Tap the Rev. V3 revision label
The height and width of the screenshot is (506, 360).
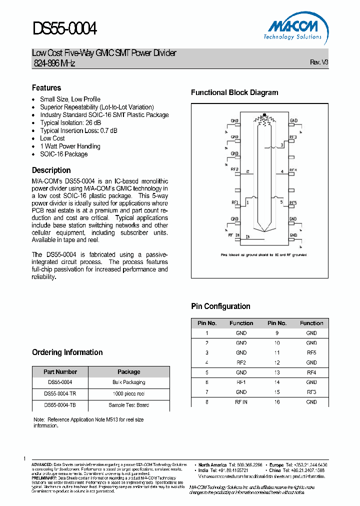click(x=319, y=62)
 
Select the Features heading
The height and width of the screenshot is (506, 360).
click(x=46, y=87)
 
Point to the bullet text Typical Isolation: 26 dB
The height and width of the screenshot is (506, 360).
click(x=70, y=122)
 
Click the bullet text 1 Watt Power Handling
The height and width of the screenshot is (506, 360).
click(x=70, y=146)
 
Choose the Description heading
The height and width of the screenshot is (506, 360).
click(x=51, y=170)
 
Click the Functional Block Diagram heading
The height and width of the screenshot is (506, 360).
click(x=234, y=92)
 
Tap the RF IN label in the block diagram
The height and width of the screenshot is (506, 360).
click(x=234, y=234)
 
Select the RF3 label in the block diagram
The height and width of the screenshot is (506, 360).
click(x=293, y=136)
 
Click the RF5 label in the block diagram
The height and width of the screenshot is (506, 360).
click(x=293, y=202)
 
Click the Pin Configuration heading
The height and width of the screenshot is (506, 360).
click(x=220, y=306)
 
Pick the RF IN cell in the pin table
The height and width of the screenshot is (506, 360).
click(x=241, y=402)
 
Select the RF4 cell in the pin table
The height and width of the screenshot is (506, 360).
click(x=311, y=372)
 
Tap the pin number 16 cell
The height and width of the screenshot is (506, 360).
click(x=277, y=402)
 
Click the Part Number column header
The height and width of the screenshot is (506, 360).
click(x=60, y=372)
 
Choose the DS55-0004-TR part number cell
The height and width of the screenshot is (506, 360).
click(x=60, y=393)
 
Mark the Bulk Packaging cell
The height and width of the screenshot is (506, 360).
click(x=129, y=382)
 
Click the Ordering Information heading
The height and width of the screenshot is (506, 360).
click(x=67, y=352)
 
